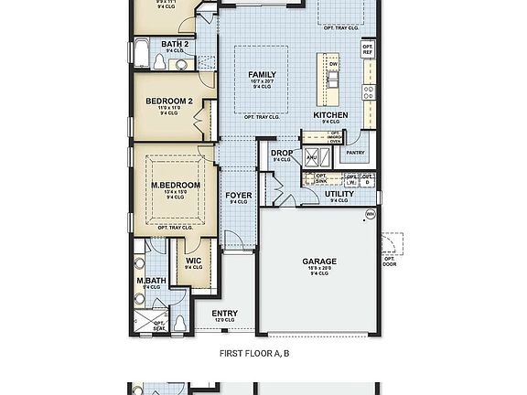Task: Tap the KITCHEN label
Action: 330,115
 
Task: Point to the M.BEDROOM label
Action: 176,185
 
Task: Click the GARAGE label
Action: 319,262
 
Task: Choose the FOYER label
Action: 239,195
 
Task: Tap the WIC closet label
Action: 193,261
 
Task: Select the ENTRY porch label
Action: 225,314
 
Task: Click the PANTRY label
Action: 355,153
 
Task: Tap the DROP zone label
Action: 281,153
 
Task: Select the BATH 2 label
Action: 175,44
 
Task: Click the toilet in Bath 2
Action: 160,62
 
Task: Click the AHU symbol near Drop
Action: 310,157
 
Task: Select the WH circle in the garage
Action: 371,214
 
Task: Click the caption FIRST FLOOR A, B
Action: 255,352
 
